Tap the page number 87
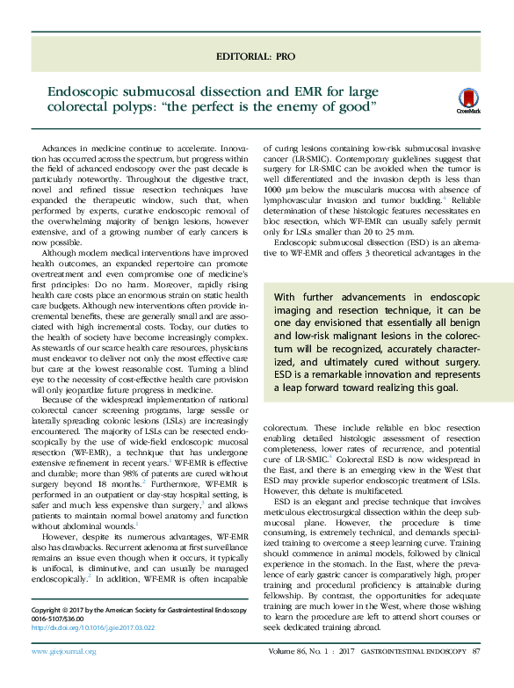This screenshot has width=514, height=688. [476, 676]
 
